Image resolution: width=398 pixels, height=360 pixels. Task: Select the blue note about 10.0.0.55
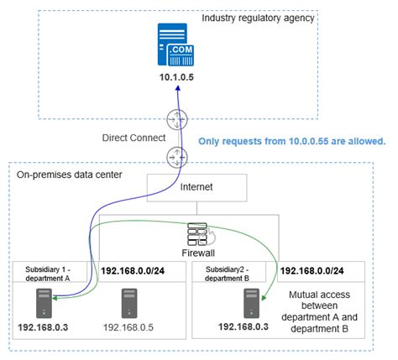tap(291, 141)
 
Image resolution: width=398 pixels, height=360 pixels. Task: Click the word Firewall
tap(197, 251)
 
